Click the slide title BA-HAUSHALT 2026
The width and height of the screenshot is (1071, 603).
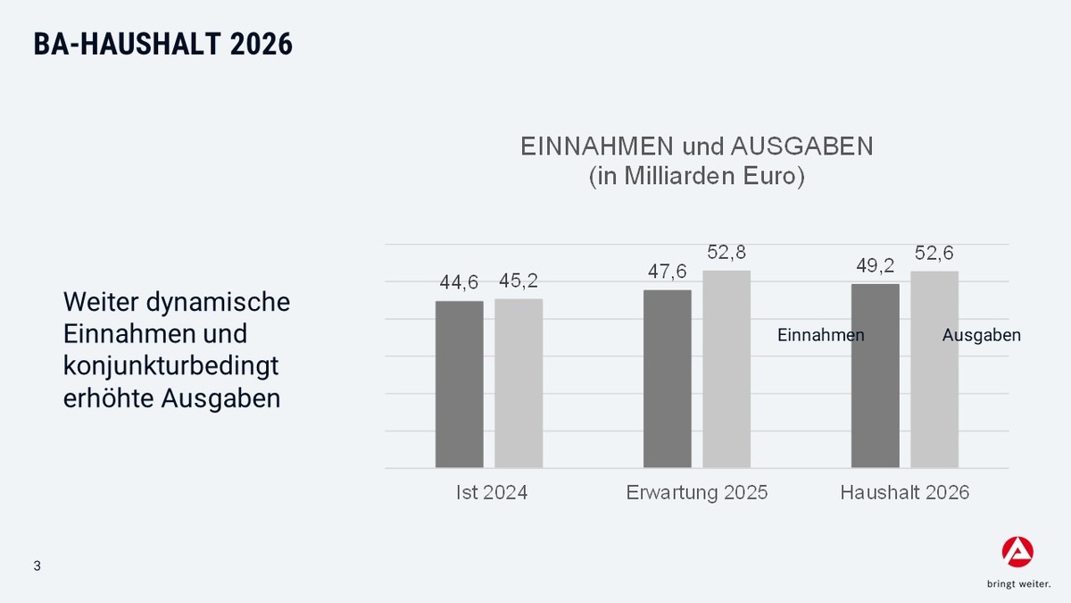pyautogui.click(x=163, y=45)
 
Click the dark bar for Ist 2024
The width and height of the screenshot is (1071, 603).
pyautogui.click(x=459, y=384)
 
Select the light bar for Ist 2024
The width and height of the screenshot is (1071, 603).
pyautogui.click(x=519, y=383)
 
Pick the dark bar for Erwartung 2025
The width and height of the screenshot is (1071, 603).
pyautogui.click(x=667, y=379)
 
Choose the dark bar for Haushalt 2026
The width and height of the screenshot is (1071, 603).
pyautogui.click(x=875, y=376)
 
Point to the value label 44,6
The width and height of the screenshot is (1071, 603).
pyautogui.click(x=459, y=282)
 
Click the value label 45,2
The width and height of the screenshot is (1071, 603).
pyautogui.click(x=519, y=281)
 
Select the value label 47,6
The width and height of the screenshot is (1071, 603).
pyautogui.click(x=667, y=272)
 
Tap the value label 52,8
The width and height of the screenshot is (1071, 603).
pyautogui.click(x=726, y=253)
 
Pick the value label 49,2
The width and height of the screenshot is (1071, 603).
pyautogui.click(x=875, y=265)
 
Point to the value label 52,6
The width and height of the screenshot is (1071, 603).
pyautogui.click(x=934, y=254)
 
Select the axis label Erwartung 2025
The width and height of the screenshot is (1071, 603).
pyautogui.click(x=696, y=492)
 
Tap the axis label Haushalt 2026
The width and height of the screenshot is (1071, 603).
pyautogui.click(x=904, y=492)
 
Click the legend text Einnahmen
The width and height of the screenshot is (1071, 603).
pyautogui.click(x=821, y=336)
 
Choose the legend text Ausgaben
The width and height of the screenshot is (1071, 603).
pyautogui.click(x=982, y=336)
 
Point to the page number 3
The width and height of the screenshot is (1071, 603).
pyautogui.click(x=37, y=566)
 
